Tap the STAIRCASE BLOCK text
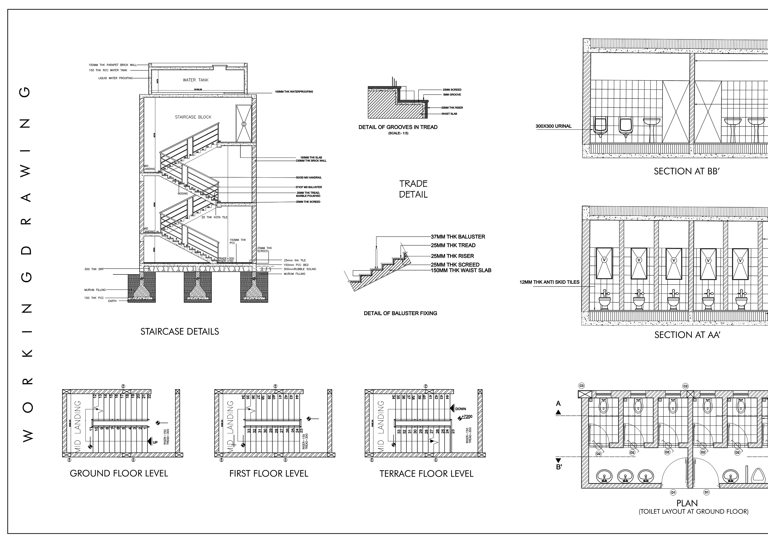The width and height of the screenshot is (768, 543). point(193,117)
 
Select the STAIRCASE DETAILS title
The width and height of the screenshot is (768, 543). point(180,332)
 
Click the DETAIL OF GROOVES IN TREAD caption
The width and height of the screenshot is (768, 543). point(398,127)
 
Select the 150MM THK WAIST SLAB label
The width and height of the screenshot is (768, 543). point(461,270)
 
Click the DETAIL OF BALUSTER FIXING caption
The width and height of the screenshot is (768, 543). point(400,313)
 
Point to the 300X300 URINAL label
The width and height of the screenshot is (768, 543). point(554,126)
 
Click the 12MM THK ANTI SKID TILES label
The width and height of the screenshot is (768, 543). point(549,282)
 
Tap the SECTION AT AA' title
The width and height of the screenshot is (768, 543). point(687,335)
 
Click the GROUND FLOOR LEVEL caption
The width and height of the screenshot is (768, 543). point(119,473)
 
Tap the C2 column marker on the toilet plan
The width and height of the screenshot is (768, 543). point(685,386)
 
